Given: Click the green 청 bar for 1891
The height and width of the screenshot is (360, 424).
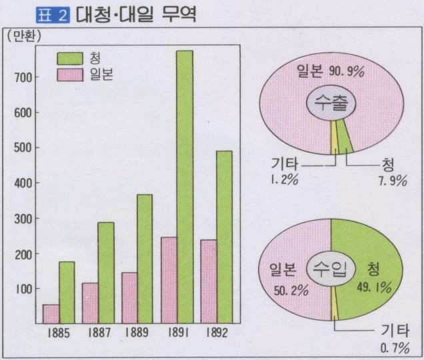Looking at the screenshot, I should coord(184,187).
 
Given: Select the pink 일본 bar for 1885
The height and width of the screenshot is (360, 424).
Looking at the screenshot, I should coord(51,313).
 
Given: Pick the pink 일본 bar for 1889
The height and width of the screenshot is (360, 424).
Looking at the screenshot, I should coord(129,297).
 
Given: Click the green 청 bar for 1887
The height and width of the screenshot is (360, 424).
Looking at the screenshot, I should coord(105,272).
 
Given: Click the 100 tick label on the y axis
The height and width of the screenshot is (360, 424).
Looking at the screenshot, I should coord(22,289).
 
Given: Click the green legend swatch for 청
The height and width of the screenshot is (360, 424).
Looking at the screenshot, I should coord(69,58).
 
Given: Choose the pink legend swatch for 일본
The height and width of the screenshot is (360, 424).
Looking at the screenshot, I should coord(69,74).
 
